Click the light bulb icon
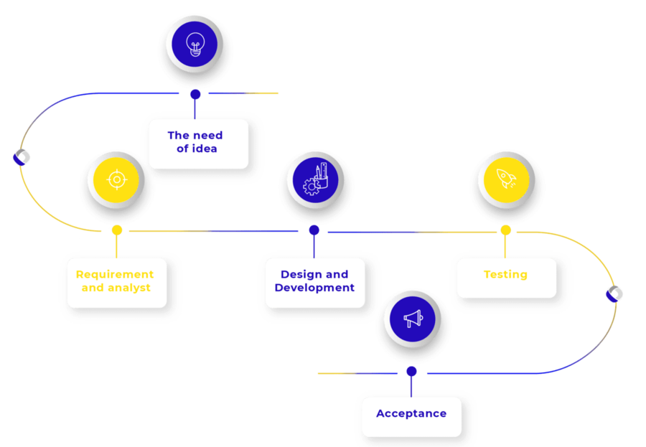(x=195, y=46)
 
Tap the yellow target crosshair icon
(x=116, y=179)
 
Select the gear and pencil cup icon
(x=314, y=179)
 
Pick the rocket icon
(x=506, y=179)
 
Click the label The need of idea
(x=195, y=142)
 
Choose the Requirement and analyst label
(x=115, y=281)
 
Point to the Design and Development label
(x=314, y=281)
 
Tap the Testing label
(x=505, y=275)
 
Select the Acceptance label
(x=411, y=414)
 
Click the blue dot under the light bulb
(x=195, y=94)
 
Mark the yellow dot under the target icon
(x=116, y=230)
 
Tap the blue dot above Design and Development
(x=314, y=230)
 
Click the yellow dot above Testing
(x=505, y=230)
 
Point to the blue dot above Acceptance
(x=411, y=372)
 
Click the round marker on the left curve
(x=22, y=157)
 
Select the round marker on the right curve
(x=614, y=293)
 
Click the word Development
(x=314, y=288)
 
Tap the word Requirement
(x=115, y=275)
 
